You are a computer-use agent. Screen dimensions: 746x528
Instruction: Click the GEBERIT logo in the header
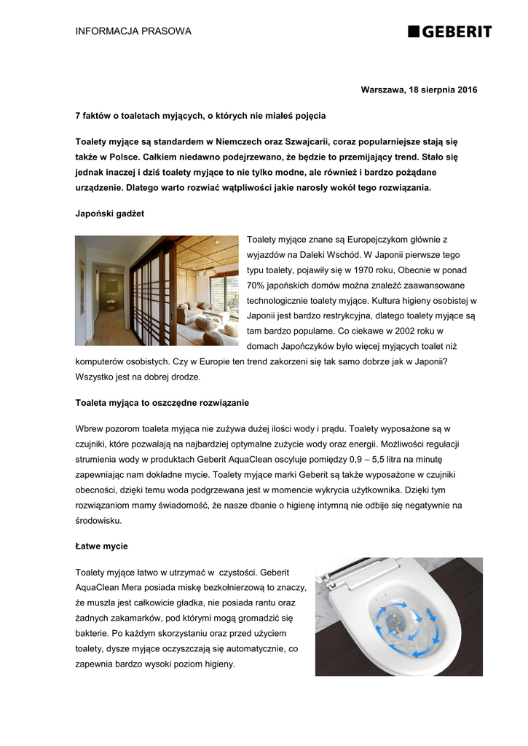point(450,31)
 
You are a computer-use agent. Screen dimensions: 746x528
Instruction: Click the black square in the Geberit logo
point(413,31)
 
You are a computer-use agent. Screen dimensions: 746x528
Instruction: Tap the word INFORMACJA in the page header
point(103,31)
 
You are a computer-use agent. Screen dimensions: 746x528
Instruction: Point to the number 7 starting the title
point(78,116)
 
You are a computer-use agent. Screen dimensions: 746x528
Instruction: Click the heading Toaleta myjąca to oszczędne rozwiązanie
point(162,402)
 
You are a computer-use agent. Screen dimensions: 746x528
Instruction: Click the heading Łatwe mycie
point(101,546)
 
